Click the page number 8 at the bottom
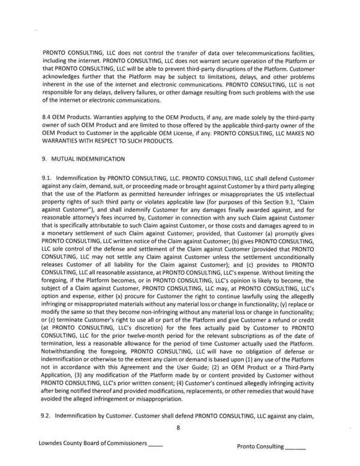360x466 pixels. click(x=179, y=428)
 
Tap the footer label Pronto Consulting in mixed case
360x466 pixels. click(x=260, y=447)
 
